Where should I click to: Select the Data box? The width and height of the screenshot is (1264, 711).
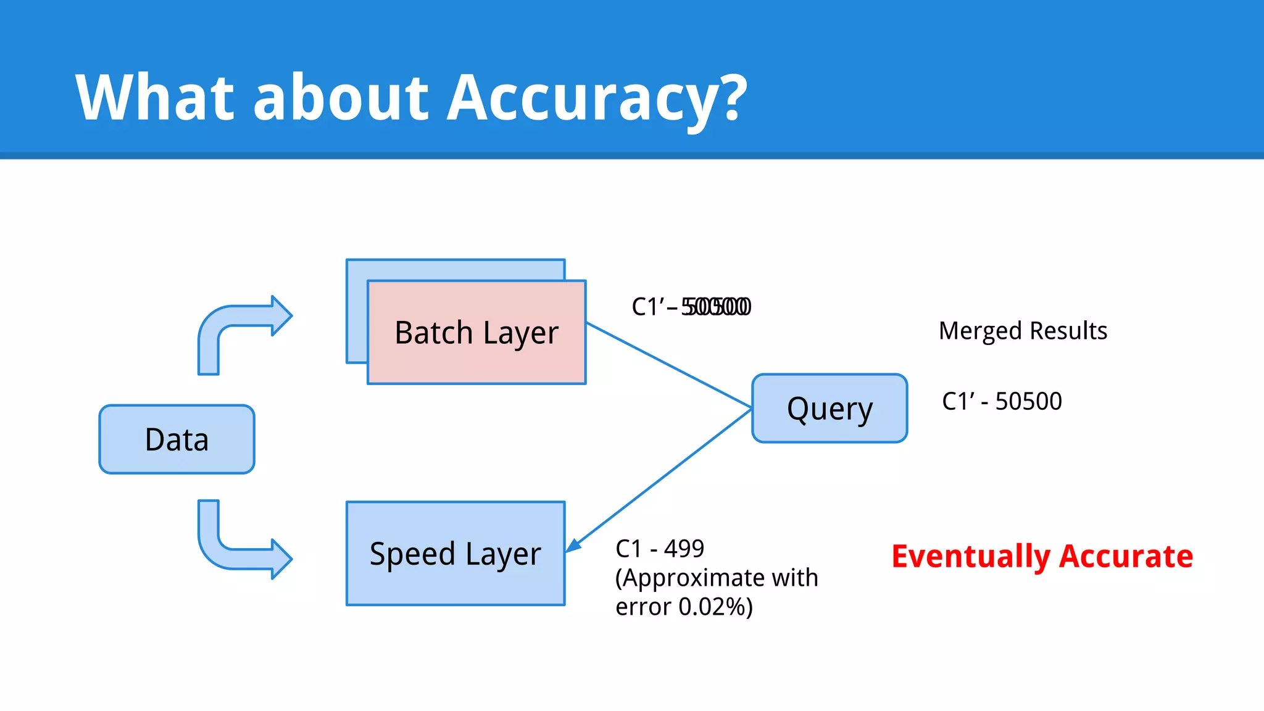(x=177, y=439)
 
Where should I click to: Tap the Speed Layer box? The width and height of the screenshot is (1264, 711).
(x=455, y=554)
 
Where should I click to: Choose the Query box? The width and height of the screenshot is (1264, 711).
(x=829, y=409)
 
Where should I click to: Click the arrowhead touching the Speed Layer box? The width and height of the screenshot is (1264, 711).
(x=574, y=545)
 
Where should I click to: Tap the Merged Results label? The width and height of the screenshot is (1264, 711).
(x=1023, y=331)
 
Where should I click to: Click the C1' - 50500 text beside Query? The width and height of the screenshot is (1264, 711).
(x=1002, y=401)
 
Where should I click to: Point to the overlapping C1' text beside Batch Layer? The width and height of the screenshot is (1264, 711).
(x=691, y=307)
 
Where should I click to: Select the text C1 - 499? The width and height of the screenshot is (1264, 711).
(x=660, y=548)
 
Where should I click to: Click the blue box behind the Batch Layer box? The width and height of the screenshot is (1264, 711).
(x=457, y=269)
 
